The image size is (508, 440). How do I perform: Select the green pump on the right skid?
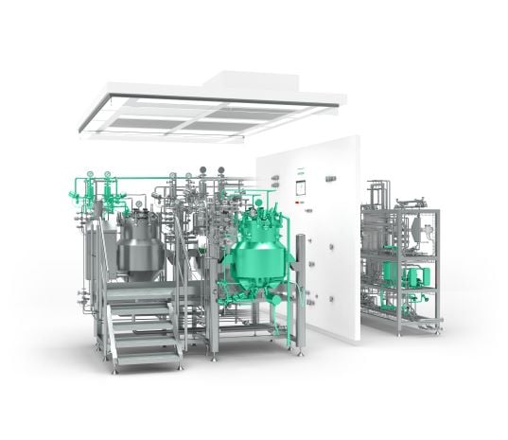tap(412, 275)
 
